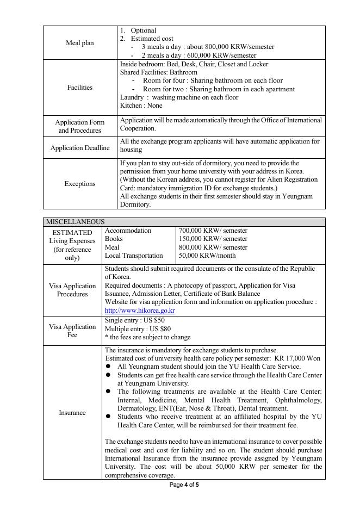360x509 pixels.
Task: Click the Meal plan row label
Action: [80, 43]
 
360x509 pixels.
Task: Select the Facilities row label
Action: [80, 88]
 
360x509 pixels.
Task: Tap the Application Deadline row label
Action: [80, 148]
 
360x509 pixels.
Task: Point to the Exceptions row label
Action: [80, 184]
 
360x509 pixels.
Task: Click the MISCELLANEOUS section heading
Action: [75, 222]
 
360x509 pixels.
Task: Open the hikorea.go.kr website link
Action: [140, 311]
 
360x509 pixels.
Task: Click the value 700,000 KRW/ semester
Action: [213, 231]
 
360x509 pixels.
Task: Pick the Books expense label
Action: [114, 239]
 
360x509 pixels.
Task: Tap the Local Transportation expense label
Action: [134, 256]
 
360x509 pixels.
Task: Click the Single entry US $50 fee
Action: [135, 321]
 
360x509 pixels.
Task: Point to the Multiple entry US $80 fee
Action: [138, 329]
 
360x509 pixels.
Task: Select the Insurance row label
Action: [72, 413]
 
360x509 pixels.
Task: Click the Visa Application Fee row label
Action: [72, 331]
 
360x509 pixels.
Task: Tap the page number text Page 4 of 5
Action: [184, 485]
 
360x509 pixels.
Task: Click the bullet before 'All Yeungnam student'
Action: [108, 367]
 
